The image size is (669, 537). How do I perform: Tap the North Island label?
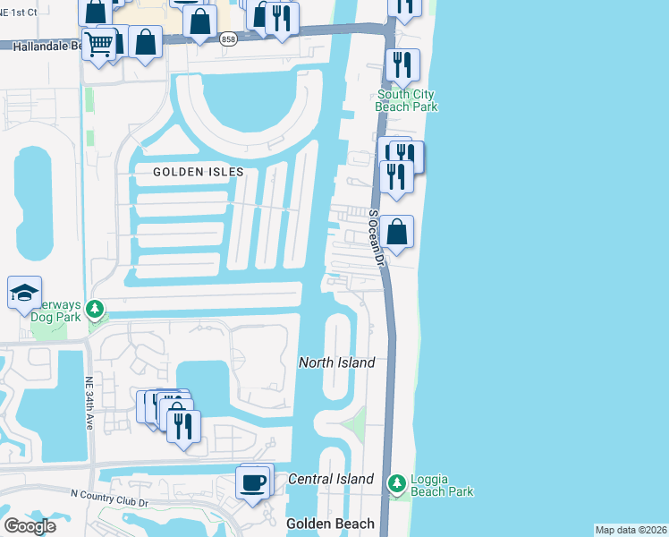(x=336, y=362)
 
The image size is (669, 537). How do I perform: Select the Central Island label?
(x=331, y=479)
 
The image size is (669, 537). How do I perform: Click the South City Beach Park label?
(x=407, y=100)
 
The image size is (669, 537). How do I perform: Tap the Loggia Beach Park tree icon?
(x=396, y=482)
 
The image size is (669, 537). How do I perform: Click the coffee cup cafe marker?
(x=251, y=482)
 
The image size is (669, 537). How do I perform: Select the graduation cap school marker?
(x=24, y=292)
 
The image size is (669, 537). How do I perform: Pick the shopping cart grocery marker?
(x=99, y=42)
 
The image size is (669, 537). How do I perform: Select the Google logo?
(x=30, y=525)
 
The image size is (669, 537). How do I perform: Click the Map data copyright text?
(x=631, y=530)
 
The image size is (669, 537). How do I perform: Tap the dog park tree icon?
(x=95, y=310)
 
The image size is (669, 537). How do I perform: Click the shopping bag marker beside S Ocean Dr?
(x=398, y=232)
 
